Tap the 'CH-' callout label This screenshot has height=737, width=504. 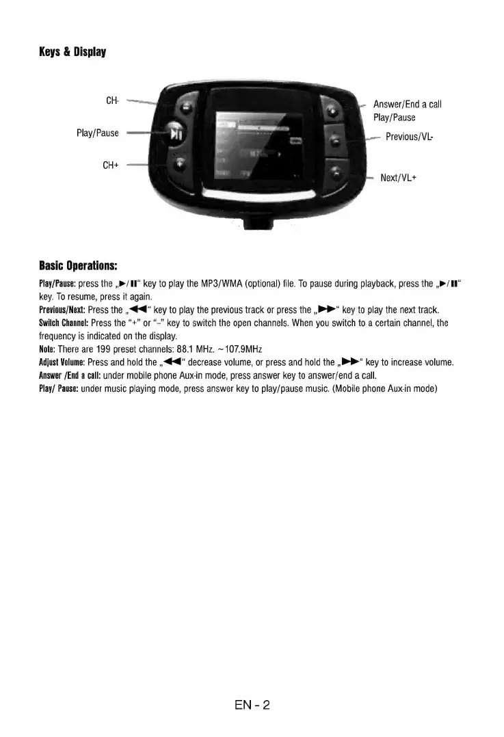point(113,101)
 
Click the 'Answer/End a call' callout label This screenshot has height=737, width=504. point(407,105)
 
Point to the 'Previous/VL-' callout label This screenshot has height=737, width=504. point(410,137)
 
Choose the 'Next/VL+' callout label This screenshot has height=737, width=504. point(399,178)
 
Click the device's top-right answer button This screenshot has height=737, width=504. point(333,110)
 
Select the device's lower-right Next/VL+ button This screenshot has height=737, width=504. point(334,175)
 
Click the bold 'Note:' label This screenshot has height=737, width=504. point(48,349)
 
